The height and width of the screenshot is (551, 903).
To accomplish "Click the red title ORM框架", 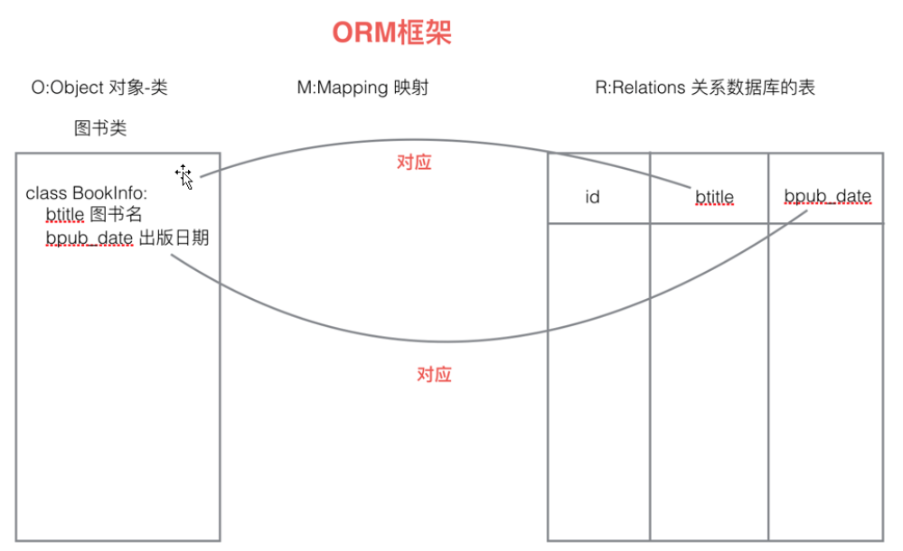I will pyautogui.click(x=391, y=33).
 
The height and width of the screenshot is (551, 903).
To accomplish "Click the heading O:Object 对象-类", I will pyautogui.click(x=99, y=88).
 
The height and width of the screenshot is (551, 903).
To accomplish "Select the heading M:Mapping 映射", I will pyautogui.click(x=362, y=88).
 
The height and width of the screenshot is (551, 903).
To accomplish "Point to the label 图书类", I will pyautogui.click(x=100, y=128).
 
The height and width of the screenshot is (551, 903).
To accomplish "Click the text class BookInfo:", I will pyautogui.click(x=86, y=193).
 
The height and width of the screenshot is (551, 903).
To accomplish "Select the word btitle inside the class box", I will pyautogui.click(x=64, y=215).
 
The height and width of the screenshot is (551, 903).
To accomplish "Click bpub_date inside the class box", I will pyautogui.click(x=89, y=238).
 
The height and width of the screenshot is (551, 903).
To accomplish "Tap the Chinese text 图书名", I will pyautogui.click(x=117, y=215).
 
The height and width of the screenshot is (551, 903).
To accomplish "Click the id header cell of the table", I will pyautogui.click(x=592, y=196).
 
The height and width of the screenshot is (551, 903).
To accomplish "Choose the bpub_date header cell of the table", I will pyautogui.click(x=827, y=196).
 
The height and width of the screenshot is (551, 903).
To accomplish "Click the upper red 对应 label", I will pyautogui.click(x=414, y=163).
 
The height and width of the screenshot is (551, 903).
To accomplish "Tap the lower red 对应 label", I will pyautogui.click(x=434, y=374).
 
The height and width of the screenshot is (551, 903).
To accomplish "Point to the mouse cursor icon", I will pyautogui.click(x=184, y=176).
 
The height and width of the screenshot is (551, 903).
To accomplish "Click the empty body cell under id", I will pyautogui.click(x=598, y=379).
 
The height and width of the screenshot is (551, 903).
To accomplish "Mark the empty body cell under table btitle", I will pyautogui.click(x=709, y=379).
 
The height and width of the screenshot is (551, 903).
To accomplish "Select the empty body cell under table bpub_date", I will pyautogui.click(x=826, y=379).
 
